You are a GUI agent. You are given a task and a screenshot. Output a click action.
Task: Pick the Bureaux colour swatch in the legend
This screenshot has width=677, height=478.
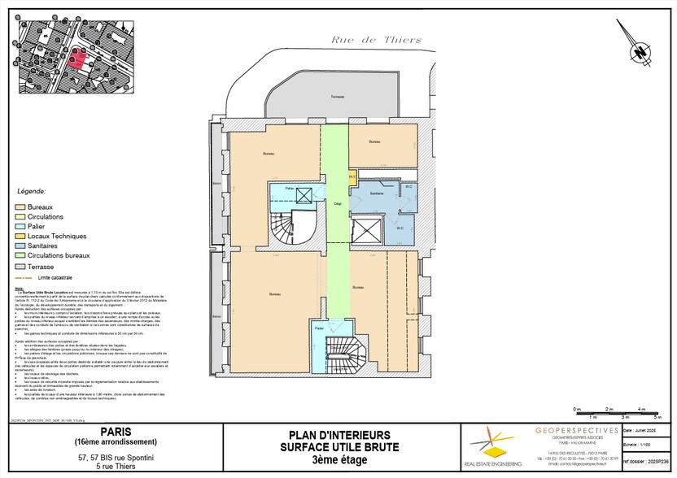point(21,206)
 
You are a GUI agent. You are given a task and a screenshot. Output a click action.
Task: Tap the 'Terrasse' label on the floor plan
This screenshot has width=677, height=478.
point(337,97)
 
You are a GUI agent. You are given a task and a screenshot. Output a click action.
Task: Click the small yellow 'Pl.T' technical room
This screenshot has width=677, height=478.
point(352,176)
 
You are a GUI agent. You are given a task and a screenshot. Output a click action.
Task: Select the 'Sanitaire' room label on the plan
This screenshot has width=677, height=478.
point(376,193)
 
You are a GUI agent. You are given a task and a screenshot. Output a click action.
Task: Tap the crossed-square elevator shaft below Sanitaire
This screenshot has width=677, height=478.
point(367,232)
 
